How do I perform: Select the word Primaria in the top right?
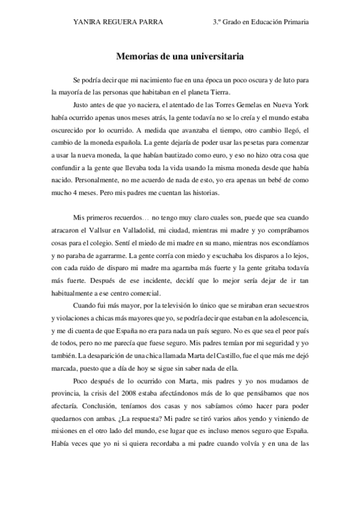tap(293, 22)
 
